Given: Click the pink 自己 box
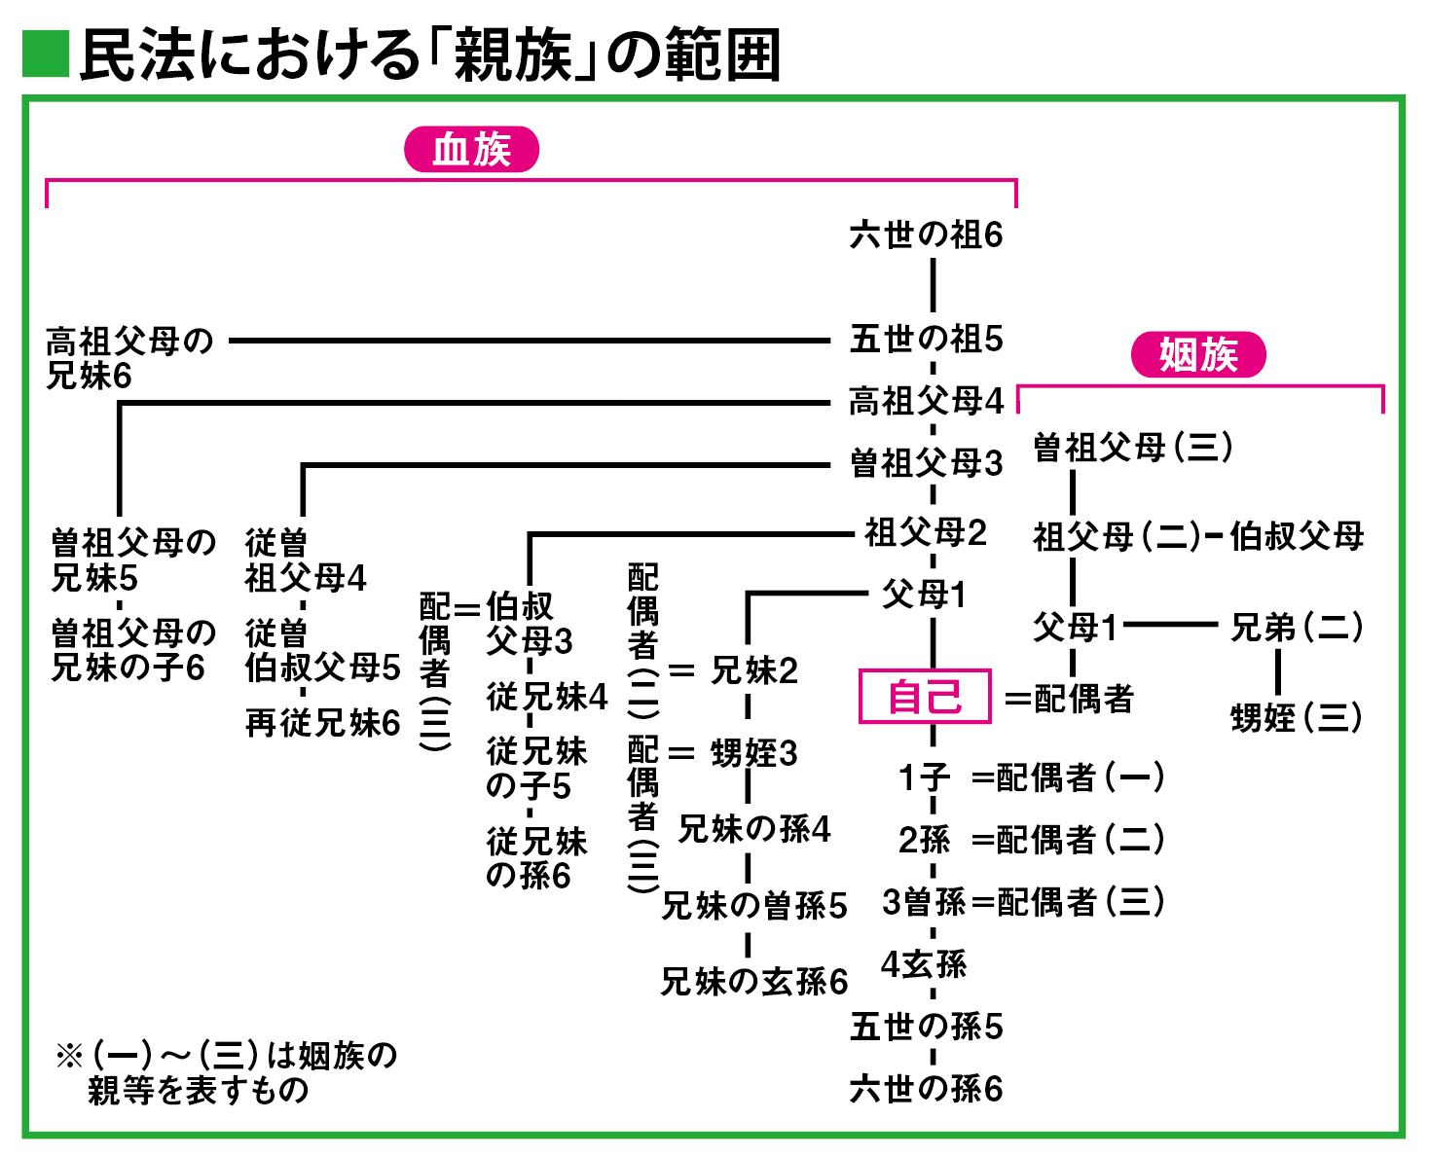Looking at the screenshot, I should click(x=924, y=696).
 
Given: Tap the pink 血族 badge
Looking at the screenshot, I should click(x=471, y=150).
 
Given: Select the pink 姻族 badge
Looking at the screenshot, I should click(x=1197, y=355).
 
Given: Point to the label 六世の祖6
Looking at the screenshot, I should click(x=926, y=235).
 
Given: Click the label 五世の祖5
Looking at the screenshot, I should click(x=926, y=339).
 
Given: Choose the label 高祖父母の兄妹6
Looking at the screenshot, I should click(x=128, y=358).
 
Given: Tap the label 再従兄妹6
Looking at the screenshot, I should click(x=322, y=722).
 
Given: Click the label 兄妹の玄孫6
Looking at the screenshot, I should click(x=753, y=981).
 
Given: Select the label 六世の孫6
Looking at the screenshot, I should click(x=926, y=1088).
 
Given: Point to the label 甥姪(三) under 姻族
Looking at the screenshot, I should click(x=1296, y=718).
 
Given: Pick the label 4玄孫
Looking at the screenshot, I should click(x=923, y=964).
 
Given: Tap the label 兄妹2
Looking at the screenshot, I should click(x=754, y=670).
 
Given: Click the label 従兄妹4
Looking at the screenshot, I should click(x=547, y=697).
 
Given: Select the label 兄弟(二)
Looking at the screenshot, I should click(x=1296, y=628).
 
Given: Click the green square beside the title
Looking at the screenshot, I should click(x=46, y=54).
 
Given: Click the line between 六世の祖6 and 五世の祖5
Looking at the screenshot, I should click(x=933, y=286).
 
